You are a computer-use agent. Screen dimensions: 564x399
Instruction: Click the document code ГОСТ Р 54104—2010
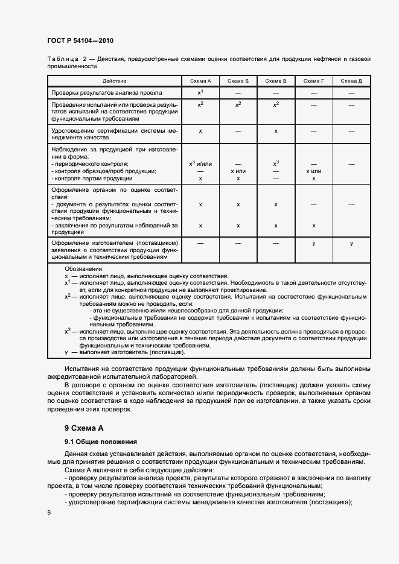click(80, 40)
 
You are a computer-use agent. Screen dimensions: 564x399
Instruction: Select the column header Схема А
click(200, 81)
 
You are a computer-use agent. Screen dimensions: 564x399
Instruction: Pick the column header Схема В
click(276, 81)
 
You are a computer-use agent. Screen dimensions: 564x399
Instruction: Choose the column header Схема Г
click(313, 81)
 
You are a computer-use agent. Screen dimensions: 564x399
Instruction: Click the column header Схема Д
click(351, 81)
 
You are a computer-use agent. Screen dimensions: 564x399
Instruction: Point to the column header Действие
click(115, 81)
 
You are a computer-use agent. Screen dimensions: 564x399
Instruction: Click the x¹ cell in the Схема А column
click(200, 93)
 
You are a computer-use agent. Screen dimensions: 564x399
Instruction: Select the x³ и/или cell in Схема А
click(200, 163)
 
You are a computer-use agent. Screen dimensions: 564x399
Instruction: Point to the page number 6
click(48, 512)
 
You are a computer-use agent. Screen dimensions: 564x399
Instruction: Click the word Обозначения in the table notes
click(84, 268)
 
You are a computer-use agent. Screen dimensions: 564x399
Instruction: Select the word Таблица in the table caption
click(63, 59)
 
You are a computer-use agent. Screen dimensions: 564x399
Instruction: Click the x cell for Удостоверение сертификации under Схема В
click(276, 130)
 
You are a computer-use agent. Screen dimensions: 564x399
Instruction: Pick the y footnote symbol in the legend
click(66, 351)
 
